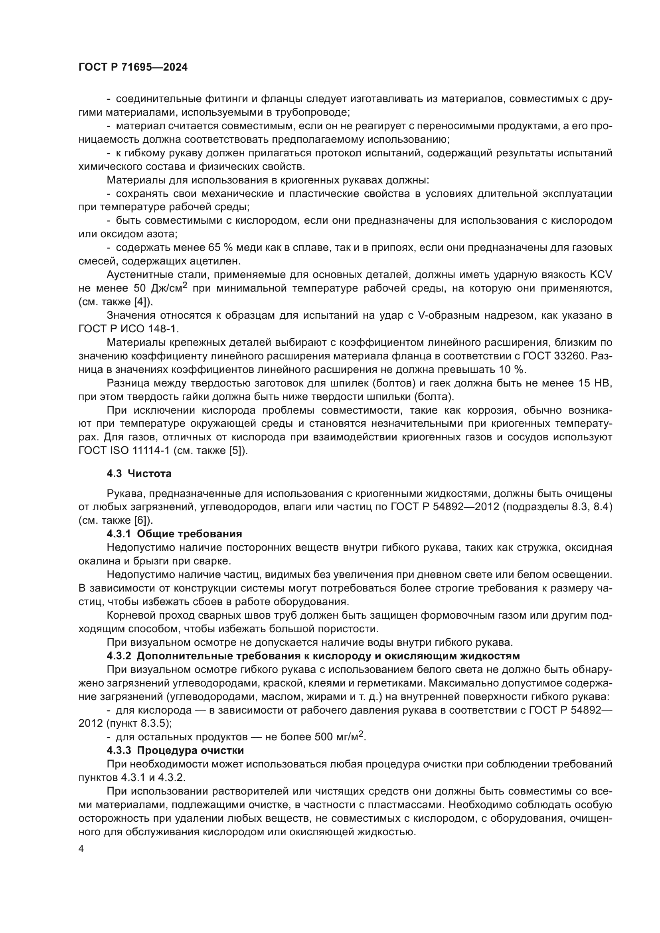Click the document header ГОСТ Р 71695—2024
click(133, 67)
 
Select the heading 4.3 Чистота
click(139, 473)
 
